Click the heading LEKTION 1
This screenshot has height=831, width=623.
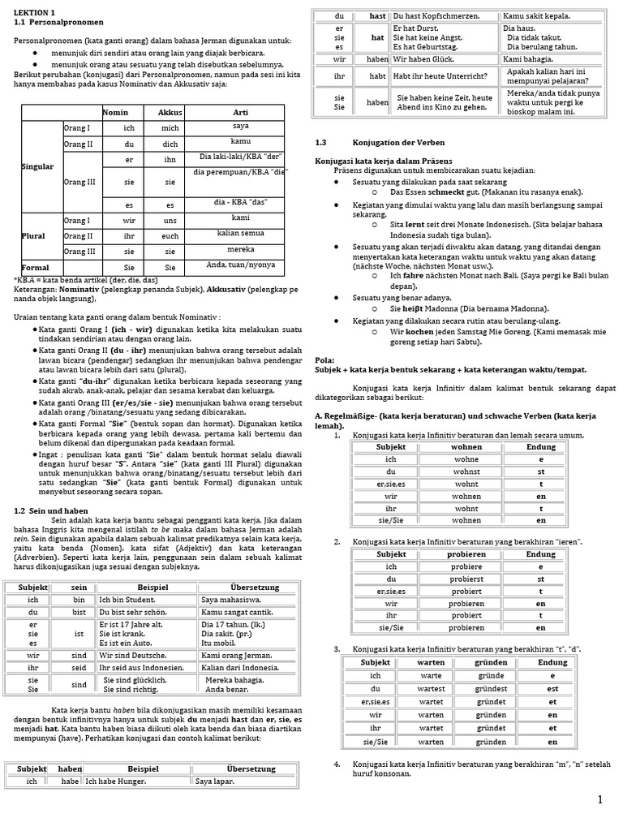[x=36, y=13]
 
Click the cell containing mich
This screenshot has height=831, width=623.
[x=170, y=128]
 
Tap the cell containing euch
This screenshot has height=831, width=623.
[x=170, y=235]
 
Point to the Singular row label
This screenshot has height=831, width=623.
[x=38, y=166]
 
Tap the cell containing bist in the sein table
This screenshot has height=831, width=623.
[x=79, y=613]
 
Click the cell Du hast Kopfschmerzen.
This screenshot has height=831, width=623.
[x=435, y=15]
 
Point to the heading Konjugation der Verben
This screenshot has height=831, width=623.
[x=398, y=142]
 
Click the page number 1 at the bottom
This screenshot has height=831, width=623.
[x=599, y=801]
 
